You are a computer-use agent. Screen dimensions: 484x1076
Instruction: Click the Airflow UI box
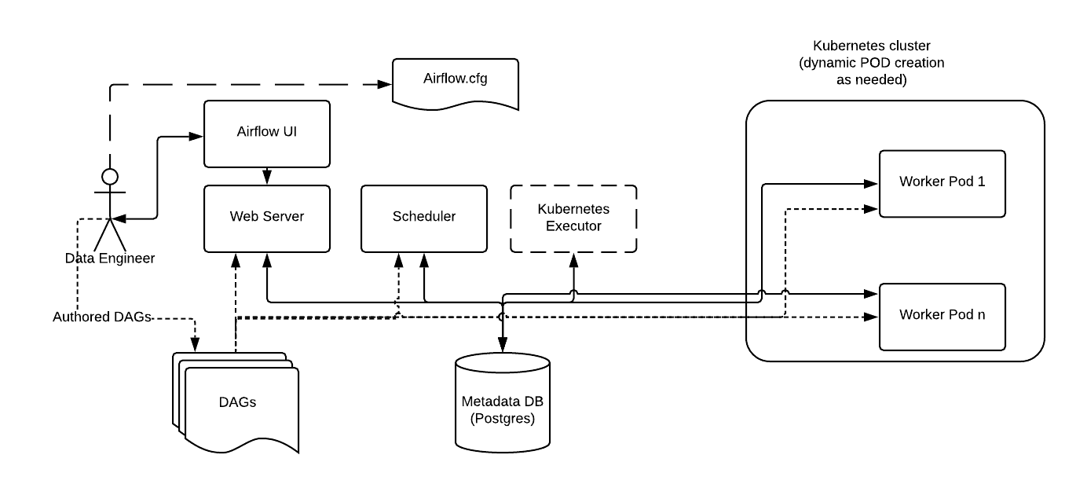pyautogui.click(x=267, y=133)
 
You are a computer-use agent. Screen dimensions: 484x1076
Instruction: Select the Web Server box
pyautogui.click(x=267, y=218)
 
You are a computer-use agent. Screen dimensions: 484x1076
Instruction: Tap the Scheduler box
pyautogui.click(x=424, y=218)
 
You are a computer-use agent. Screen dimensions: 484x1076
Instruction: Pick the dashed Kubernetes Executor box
pyautogui.click(x=573, y=218)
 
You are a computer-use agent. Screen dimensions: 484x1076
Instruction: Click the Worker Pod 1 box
pyautogui.click(x=942, y=183)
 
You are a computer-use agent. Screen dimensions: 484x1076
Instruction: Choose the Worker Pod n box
pyautogui.click(x=942, y=316)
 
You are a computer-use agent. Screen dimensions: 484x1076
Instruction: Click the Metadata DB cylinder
pyautogui.click(x=503, y=402)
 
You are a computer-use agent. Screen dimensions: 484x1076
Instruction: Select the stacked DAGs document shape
pyautogui.click(x=236, y=402)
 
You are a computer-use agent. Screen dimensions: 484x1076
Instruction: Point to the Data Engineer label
pyautogui.click(x=110, y=258)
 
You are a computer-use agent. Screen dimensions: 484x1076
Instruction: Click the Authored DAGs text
pyautogui.click(x=101, y=318)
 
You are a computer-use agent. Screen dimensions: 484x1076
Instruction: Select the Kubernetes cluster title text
pyautogui.click(x=873, y=63)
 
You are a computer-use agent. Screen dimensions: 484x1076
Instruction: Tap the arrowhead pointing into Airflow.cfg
pyautogui.click(x=386, y=84)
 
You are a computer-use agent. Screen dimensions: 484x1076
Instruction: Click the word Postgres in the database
pyautogui.click(x=503, y=419)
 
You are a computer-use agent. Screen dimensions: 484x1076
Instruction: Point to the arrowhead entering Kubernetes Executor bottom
pyautogui.click(x=573, y=259)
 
